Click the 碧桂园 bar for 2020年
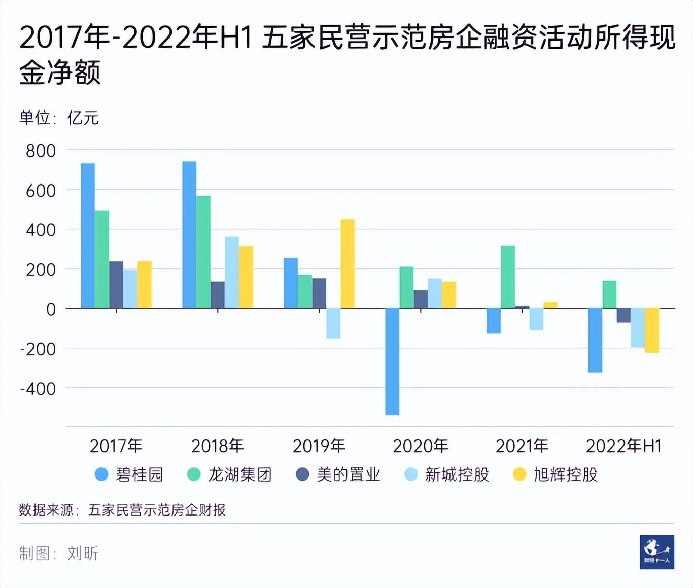coord(392,361)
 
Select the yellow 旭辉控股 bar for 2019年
coord(348,264)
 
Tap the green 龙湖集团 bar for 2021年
coord(508,277)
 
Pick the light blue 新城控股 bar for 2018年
coord(232,272)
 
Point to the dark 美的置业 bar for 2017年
coord(116,284)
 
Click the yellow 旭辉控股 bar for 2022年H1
coord(652,330)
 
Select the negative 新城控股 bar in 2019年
coord(333,323)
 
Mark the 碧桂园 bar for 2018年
coord(189,235)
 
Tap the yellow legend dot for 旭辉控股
coord(519,474)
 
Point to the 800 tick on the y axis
coord(41,151)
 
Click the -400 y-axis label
coord(38,389)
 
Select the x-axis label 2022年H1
coord(623,446)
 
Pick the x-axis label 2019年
coord(319,446)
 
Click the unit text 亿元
coord(83,118)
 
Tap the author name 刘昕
coord(83,553)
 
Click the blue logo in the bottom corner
coord(657,552)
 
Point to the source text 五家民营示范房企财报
coord(157,510)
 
